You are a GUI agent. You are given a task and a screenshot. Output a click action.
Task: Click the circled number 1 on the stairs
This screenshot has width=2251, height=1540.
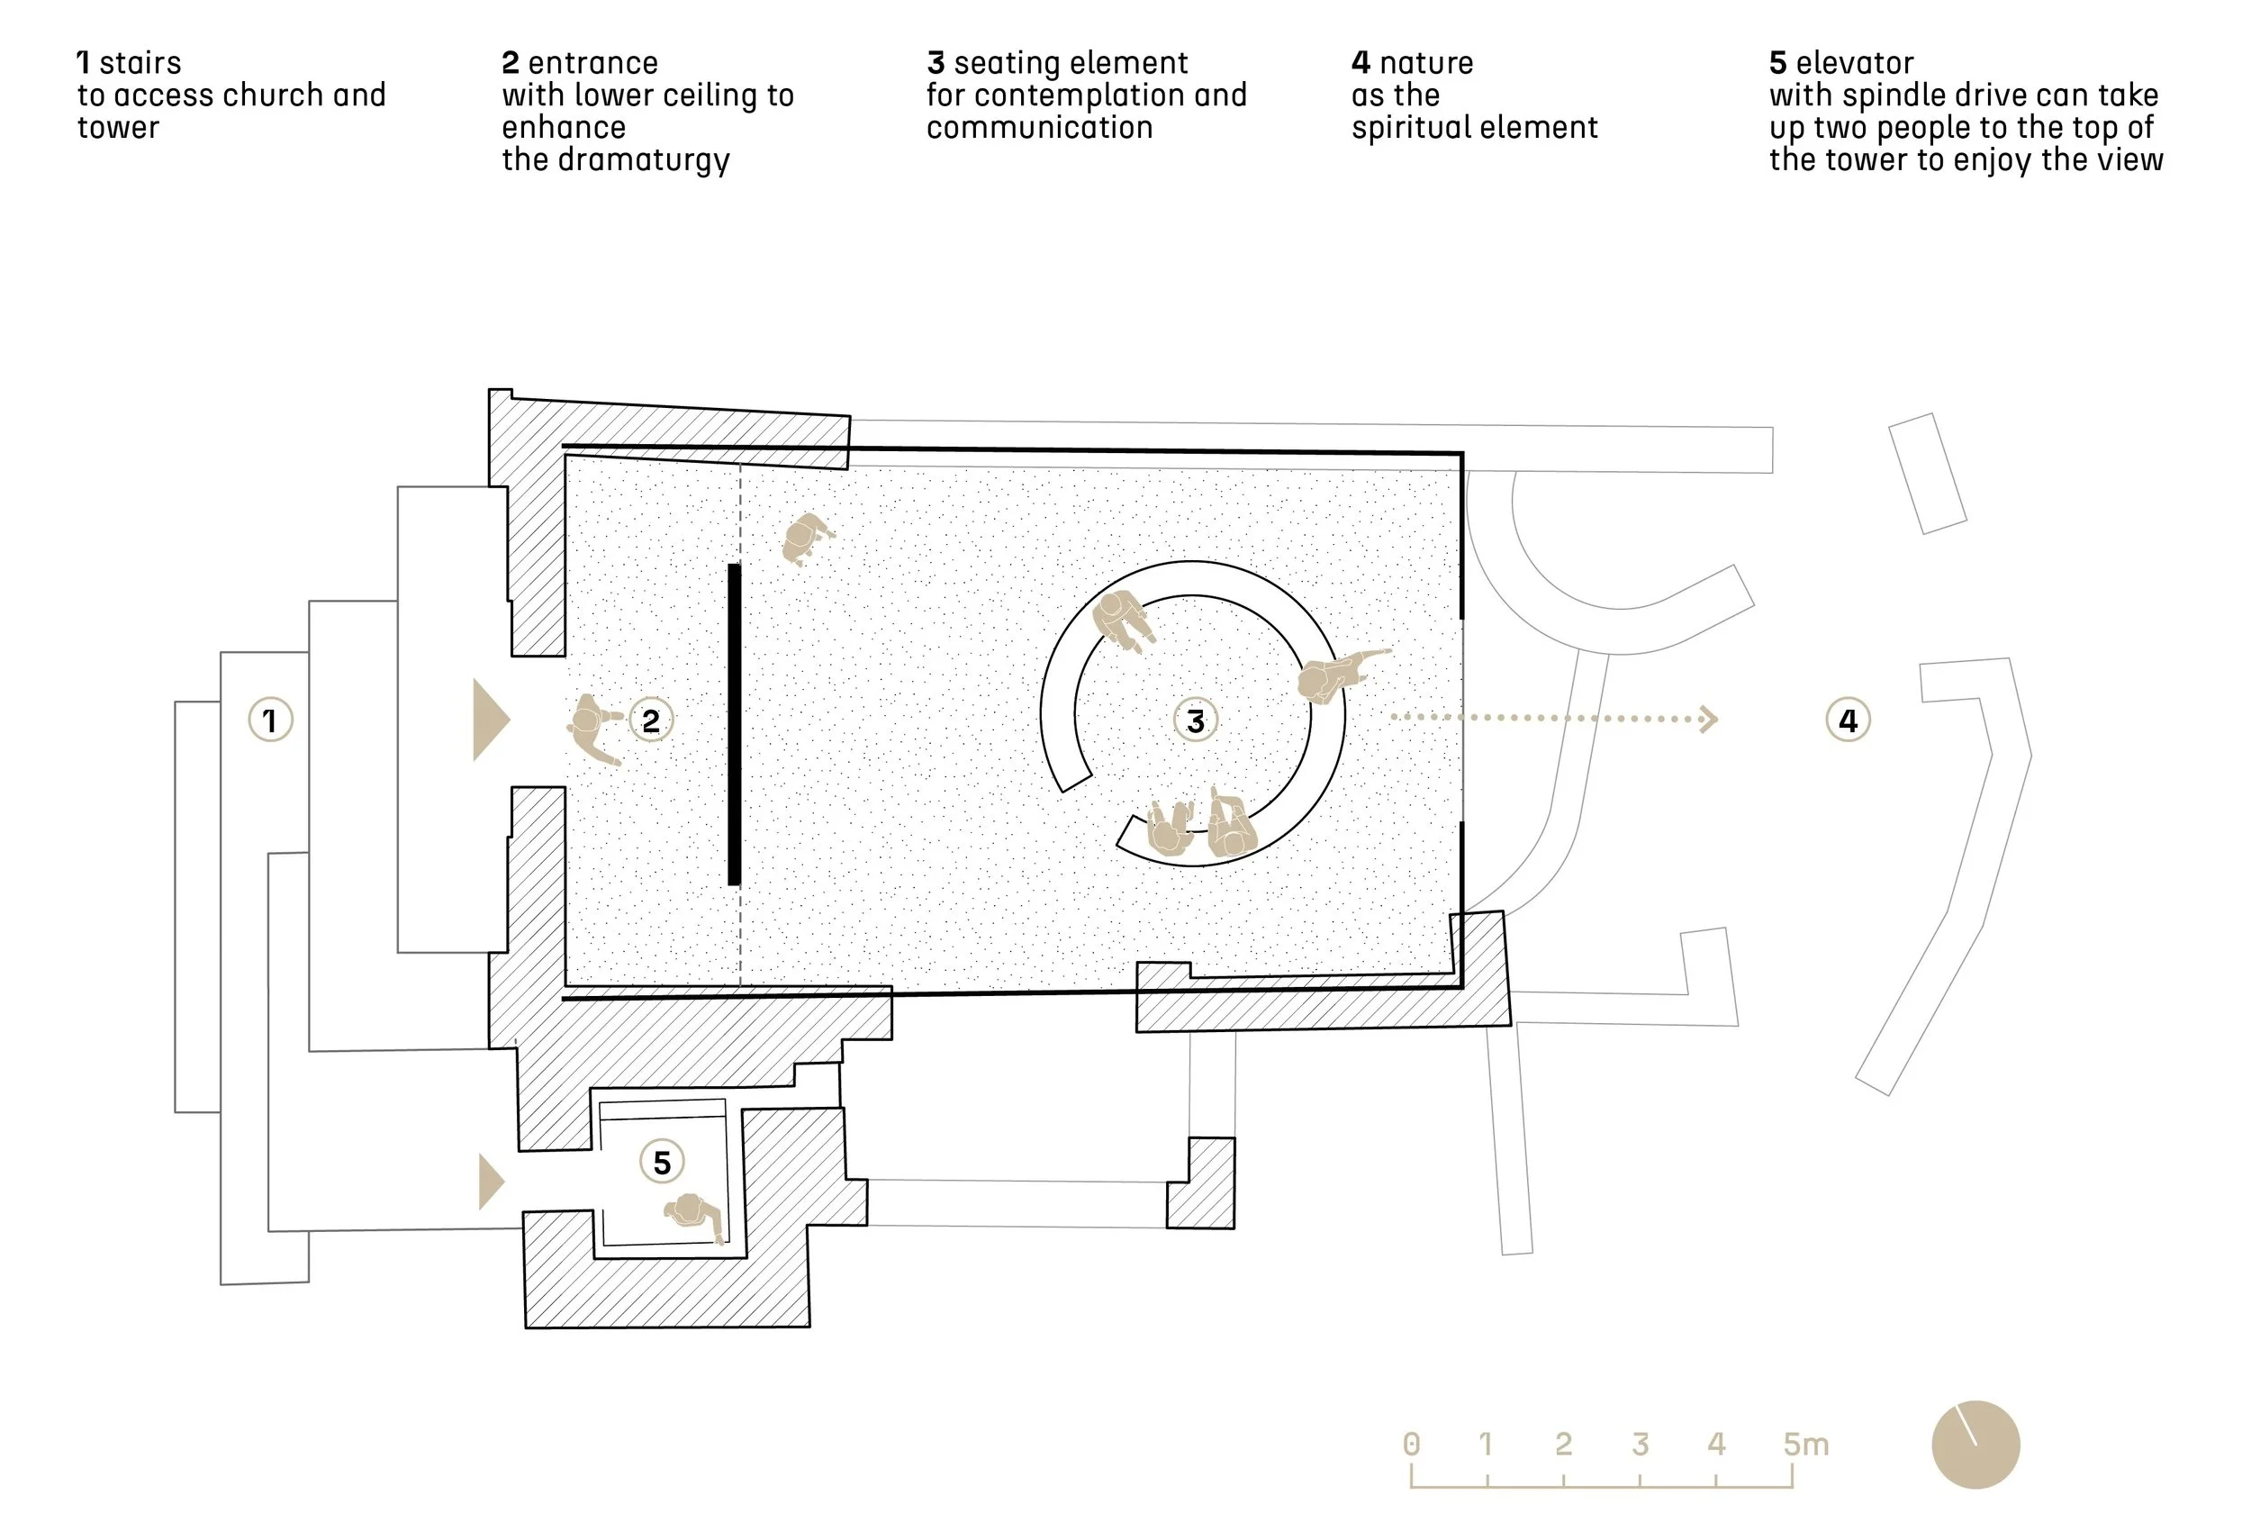click(270, 720)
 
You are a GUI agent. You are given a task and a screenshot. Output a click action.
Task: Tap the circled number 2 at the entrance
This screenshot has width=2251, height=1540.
click(651, 720)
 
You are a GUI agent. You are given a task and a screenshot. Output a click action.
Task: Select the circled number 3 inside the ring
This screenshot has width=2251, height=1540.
click(1195, 720)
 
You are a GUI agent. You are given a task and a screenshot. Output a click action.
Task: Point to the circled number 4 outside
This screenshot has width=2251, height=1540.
click(1848, 720)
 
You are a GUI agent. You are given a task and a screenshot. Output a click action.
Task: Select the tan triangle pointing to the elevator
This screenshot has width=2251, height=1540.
click(492, 1182)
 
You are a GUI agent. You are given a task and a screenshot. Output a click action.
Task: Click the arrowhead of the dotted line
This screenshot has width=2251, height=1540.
click(1710, 719)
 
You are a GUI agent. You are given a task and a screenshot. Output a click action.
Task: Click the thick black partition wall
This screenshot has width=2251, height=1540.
click(734, 724)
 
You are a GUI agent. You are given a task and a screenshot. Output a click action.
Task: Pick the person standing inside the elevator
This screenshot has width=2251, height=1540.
click(693, 1215)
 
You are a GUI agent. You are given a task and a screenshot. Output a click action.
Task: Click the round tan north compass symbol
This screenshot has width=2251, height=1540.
click(1975, 1445)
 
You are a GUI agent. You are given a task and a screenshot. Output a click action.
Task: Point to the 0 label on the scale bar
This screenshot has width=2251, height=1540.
click(1411, 1445)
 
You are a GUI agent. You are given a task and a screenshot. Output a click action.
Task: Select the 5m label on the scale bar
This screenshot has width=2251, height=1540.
click(1806, 1445)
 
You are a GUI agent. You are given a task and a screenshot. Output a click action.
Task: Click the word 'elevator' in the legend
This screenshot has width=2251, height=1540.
click(1855, 63)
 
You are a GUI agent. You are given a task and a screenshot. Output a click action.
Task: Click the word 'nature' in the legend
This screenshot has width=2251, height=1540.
click(1427, 64)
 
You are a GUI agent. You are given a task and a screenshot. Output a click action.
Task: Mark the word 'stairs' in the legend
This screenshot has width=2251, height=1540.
click(140, 63)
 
